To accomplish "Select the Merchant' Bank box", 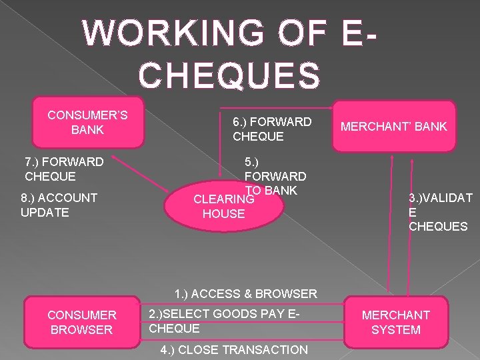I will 394,127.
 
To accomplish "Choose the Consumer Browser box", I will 81,322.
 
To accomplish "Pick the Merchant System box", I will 395,322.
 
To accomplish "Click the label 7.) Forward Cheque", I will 63,169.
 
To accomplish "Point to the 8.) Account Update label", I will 59,205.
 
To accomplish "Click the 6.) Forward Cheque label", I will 271,129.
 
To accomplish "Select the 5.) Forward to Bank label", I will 275,176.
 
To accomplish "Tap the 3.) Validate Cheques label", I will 440,211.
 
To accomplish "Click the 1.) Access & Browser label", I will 245,293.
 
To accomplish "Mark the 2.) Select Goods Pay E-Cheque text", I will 223,321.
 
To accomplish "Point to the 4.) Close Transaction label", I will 234,350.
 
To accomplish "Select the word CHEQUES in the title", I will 231,74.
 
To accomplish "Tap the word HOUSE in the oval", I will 223,214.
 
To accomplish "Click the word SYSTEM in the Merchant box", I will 396,330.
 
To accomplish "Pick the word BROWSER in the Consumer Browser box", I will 81,330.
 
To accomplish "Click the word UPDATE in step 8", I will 45,212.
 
